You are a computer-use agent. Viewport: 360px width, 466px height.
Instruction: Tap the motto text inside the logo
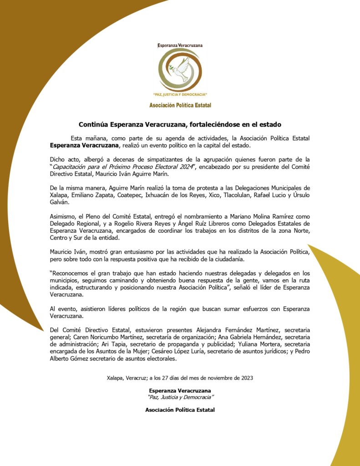[x=180, y=94]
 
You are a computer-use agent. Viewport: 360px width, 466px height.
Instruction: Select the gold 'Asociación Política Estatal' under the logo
[x=180, y=105]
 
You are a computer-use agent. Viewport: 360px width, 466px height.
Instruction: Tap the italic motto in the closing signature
[x=180, y=397]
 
